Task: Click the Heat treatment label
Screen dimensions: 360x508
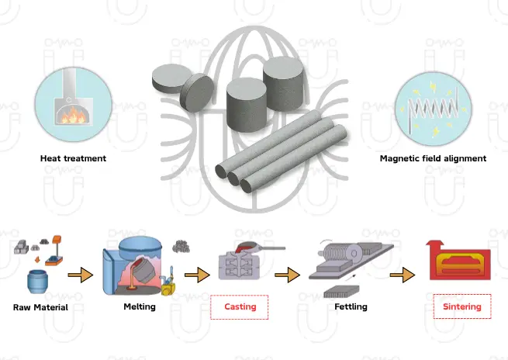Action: tap(73, 158)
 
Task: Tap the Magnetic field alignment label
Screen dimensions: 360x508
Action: tap(433, 158)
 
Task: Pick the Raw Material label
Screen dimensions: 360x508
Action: tap(40, 307)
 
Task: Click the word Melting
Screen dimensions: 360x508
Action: tap(140, 306)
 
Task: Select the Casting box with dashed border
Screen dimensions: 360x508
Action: tap(240, 307)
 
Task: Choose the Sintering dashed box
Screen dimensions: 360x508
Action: tap(461, 306)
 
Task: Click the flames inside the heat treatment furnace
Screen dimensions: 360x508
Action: tap(74, 115)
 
